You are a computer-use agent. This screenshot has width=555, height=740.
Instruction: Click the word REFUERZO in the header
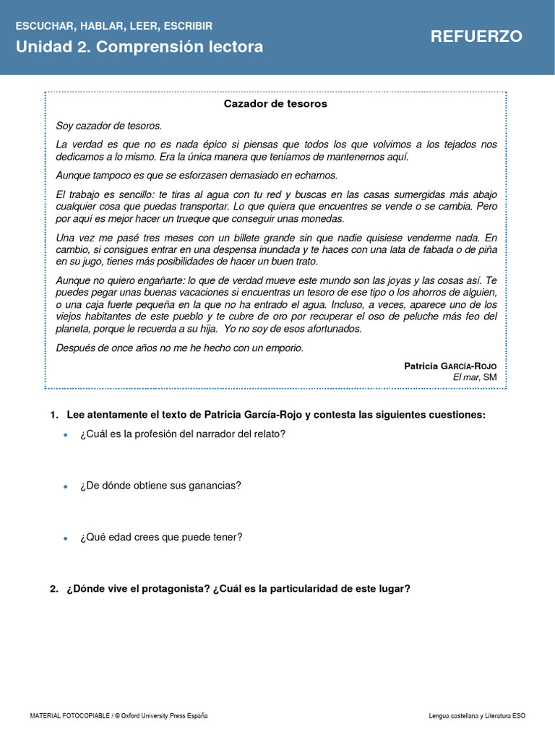click(x=476, y=37)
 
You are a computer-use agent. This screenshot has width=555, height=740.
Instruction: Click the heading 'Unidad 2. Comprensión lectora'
click(x=139, y=47)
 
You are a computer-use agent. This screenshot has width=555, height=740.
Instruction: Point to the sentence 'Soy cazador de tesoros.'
click(x=109, y=126)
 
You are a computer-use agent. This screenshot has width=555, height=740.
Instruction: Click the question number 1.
click(x=53, y=415)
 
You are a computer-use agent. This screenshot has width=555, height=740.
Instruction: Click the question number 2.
click(x=53, y=589)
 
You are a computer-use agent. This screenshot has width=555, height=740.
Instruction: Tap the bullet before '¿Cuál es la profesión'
click(x=66, y=435)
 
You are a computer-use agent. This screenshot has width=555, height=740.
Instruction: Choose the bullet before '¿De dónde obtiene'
click(x=66, y=486)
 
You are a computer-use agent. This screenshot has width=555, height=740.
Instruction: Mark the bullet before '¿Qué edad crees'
click(x=66, y=538)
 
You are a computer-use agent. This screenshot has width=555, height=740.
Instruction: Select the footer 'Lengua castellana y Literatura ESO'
click(x=477, y=715)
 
